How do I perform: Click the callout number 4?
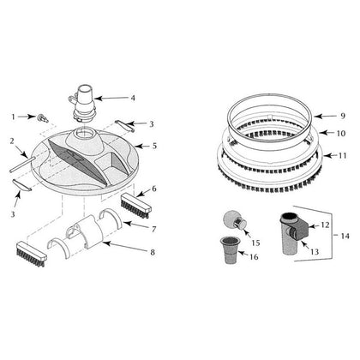(133, 98)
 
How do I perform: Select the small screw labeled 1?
(41, 117)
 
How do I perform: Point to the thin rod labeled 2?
(22, 165)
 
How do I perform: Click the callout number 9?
(342, 116)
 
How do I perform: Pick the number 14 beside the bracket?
(345, 236)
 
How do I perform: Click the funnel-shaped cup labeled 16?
(229, 250)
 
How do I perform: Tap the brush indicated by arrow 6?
(135, 206)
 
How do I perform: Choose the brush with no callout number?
(31, 254)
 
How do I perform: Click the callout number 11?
(342, 156)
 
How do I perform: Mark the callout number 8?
(153, 252)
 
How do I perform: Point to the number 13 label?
(314, 252)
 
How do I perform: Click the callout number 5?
(154, 146)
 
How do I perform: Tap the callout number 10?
(341, 133)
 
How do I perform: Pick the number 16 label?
(254, 256)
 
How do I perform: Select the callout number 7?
(153, 229)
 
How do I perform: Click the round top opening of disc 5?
(85, 134)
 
